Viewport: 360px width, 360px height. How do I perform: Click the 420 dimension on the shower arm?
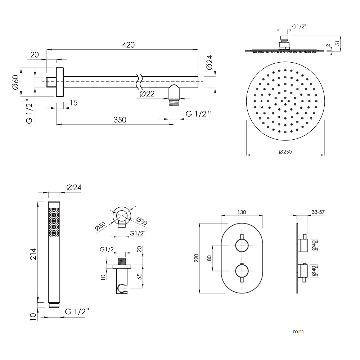(129, 45)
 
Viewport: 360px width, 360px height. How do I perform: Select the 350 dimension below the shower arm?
(120, 120)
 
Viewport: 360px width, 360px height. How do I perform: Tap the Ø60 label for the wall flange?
(15, 82)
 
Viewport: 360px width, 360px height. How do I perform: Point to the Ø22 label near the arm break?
(147, 94)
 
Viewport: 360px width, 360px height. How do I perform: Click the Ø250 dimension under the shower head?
(285, 152)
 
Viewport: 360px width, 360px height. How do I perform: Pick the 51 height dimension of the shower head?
(337, 43)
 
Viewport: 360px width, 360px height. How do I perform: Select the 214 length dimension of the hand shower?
(33, 254)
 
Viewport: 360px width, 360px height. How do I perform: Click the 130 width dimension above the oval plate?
(242, 212)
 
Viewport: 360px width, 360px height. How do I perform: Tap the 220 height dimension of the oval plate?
(196, 258)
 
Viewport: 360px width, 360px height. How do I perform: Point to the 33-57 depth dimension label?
(318, 212)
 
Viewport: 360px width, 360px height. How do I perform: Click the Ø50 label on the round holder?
(100, 226)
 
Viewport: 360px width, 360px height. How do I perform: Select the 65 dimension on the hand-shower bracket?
(139, 276)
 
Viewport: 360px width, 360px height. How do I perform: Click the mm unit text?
(298, 332)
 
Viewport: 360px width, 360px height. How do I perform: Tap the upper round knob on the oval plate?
(242, 246)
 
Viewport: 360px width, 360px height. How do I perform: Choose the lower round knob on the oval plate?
(242, 271)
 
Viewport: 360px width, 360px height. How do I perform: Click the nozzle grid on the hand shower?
(54, 222)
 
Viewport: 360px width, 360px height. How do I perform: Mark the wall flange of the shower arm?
(60, 82)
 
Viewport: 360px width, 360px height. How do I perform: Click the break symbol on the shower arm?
(139, 81)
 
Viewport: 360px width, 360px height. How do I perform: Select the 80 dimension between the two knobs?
(209, 258)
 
